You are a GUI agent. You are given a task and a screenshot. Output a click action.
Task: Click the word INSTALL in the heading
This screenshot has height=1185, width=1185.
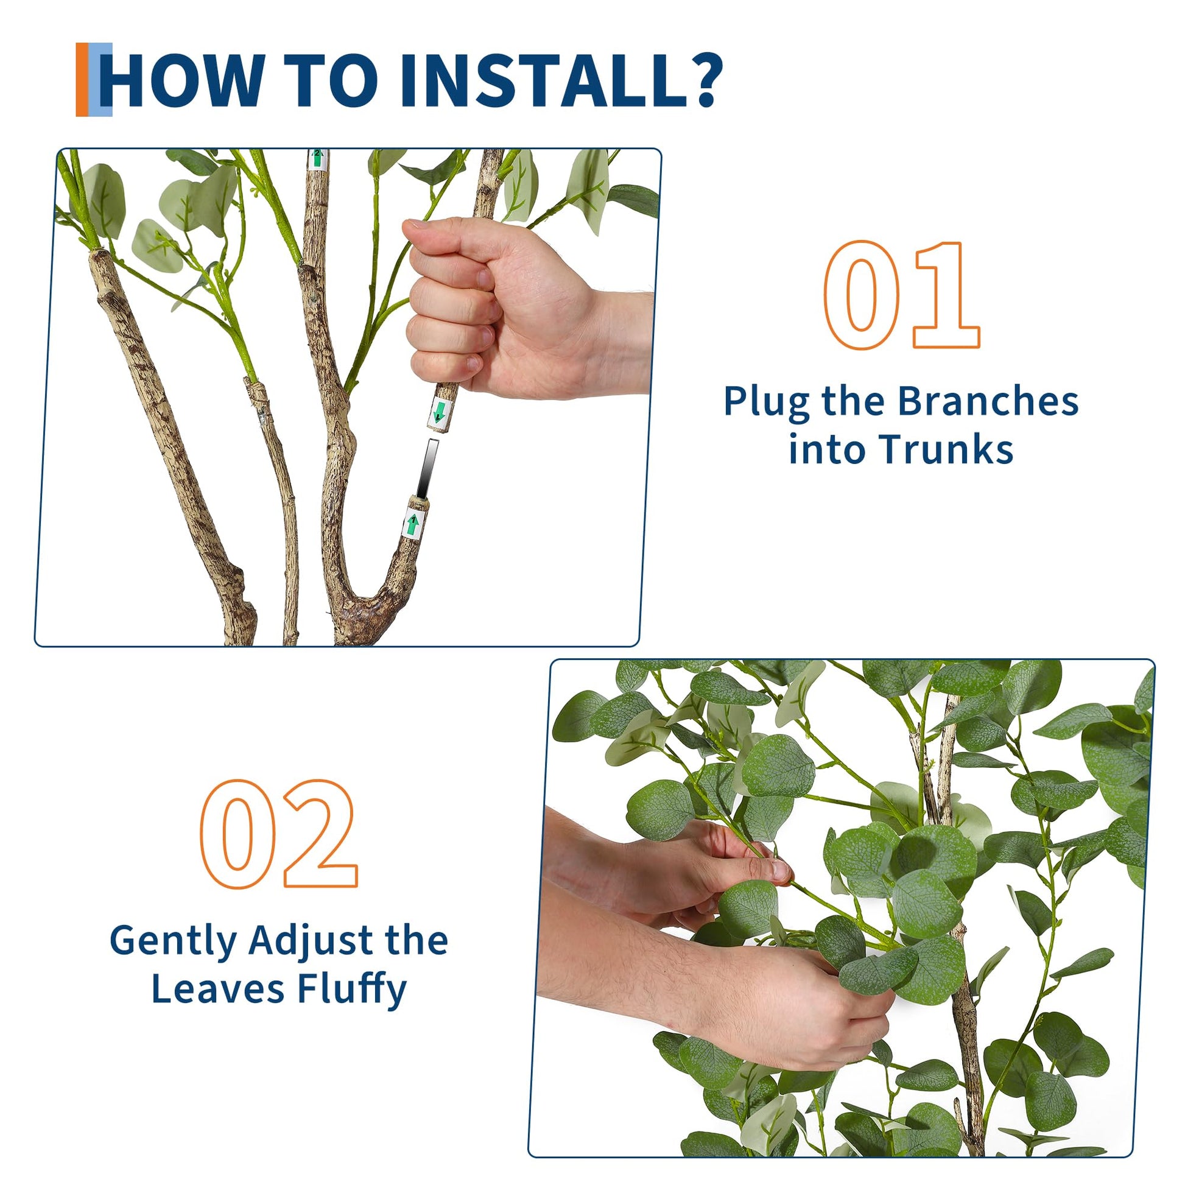pyautogui.click(x=541, y=80)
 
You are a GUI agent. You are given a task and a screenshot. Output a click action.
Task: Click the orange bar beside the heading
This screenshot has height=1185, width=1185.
pyautogui.click(x=82, y=80)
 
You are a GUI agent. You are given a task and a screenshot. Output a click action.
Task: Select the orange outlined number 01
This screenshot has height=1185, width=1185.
pyautogui.click(x=902, y=295)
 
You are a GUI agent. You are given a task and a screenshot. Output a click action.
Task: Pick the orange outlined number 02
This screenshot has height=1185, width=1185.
pyautogui.click(x=279, y=834)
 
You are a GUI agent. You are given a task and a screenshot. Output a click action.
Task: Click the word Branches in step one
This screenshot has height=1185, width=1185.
pyautogui.click(x=988, y=402)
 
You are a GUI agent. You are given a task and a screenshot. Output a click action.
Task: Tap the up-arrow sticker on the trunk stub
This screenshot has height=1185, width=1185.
pyautogui.click(x=413, y=523)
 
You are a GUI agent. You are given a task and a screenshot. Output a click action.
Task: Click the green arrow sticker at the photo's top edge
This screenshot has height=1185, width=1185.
pyautogui.click(x=317, y=160)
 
